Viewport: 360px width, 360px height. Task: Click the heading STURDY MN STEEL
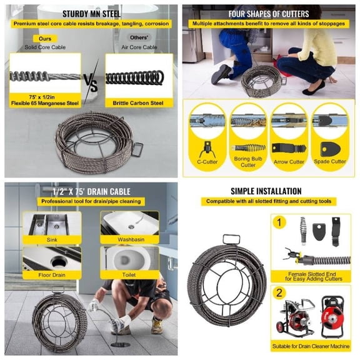click(91, 14)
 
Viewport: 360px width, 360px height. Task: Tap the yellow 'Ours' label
click(45, 39)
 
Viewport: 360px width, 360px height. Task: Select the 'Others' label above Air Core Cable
click(139, 37)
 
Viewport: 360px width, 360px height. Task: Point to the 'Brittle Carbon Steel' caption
click(138, 103)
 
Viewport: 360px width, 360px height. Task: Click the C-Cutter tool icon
click(207, 149)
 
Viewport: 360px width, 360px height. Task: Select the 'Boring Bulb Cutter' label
click(248, 162)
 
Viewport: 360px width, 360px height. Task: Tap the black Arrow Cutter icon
click(289, 148)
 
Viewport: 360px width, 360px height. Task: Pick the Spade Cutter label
click(330, 161)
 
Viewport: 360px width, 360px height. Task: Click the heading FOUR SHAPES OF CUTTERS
click(269, 14)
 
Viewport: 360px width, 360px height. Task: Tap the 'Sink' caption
click(52, 240)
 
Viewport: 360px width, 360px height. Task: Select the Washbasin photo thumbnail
click(130, 223)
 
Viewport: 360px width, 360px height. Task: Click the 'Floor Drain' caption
click(52, 275)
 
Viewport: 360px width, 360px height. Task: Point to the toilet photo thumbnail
click(130, 258)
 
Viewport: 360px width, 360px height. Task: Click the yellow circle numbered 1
click(279, 222)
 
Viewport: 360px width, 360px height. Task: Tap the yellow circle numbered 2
click(279, 293)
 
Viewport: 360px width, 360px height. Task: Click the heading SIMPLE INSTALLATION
click(266, 191)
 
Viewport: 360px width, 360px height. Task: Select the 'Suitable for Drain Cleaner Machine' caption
click(311, 346)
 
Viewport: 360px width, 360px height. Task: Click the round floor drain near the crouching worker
click(120, 344)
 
